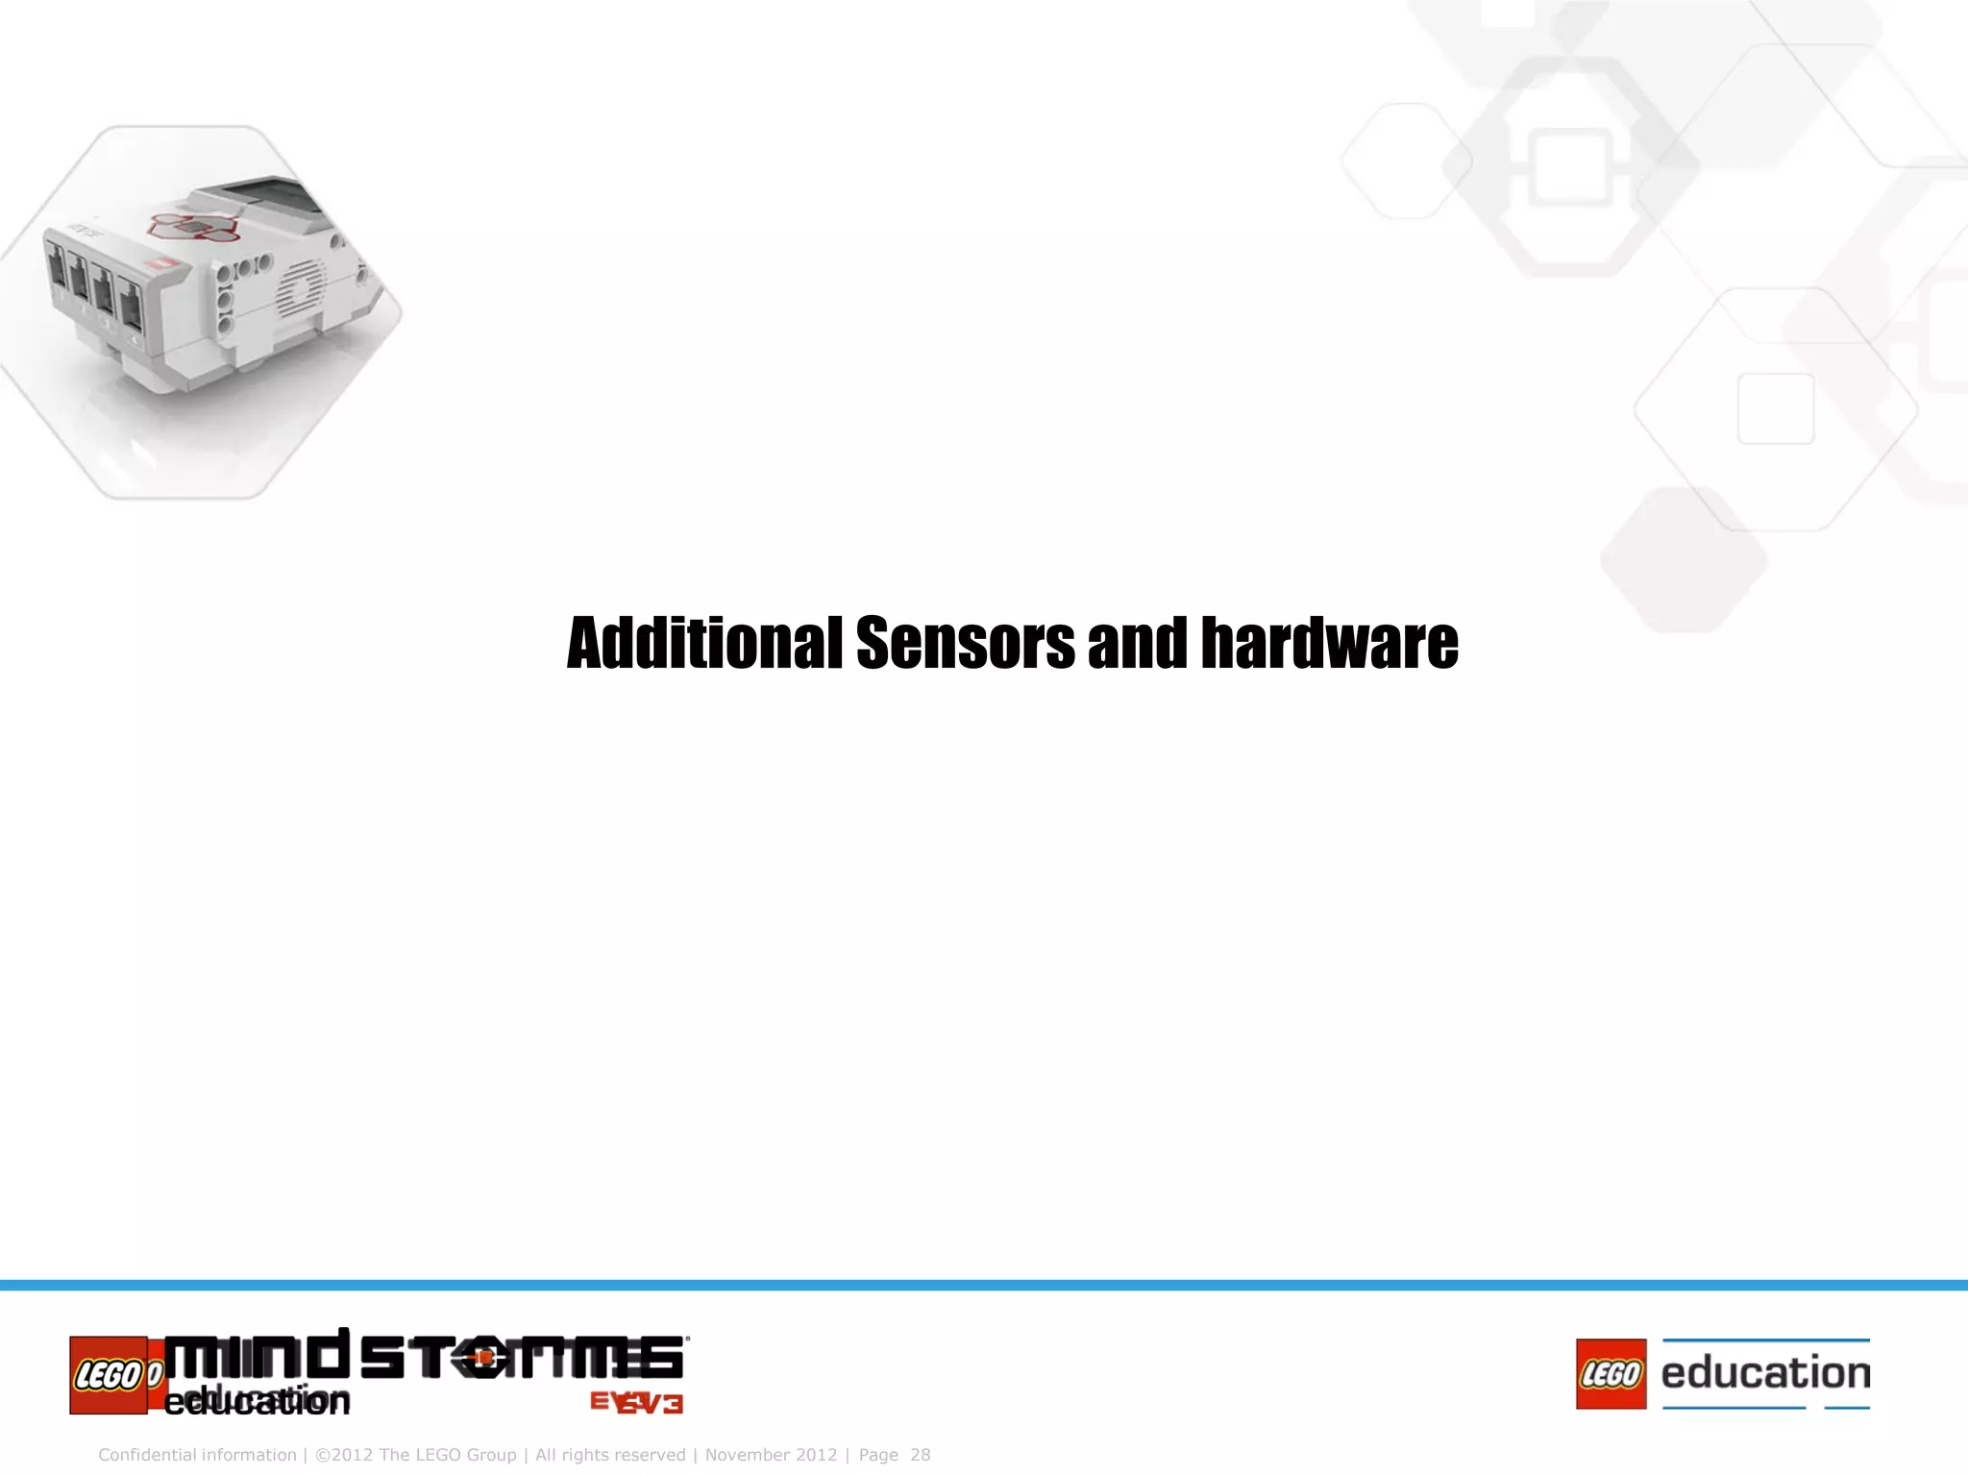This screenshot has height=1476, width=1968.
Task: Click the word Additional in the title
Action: [x=704, y=643]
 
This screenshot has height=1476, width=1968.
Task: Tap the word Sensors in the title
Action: [x=965, y=643]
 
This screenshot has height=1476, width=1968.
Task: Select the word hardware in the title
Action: [x=1329, y=643]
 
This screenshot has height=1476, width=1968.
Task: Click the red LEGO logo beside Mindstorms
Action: [x=109, y=1375]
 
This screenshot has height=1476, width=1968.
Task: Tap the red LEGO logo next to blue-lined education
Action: [x=1611, y=1374]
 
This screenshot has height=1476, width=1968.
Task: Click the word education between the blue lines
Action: [x=1765, y=1373]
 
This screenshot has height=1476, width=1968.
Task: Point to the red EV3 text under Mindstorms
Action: [x=636, y=1403]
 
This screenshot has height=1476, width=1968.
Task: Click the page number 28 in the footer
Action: [x=920, y=1455]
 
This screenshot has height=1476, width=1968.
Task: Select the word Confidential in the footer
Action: [x=149, y=1455]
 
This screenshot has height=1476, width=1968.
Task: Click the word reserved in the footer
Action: [x=651, y=1455]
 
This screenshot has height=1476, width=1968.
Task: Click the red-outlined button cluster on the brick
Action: [x=192, y=227]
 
